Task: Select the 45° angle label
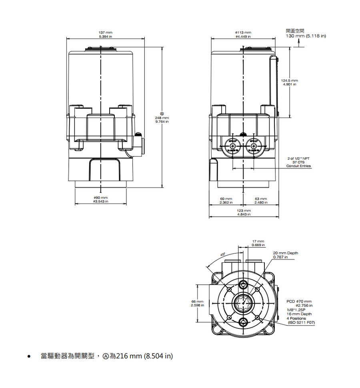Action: (x=223, y=254)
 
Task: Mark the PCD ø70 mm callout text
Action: (x=299, y=301)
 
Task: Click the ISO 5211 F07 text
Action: (x=301, y=322)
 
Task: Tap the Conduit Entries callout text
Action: (x=298, y=166)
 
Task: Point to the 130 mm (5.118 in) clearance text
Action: (x=306, y=36)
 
